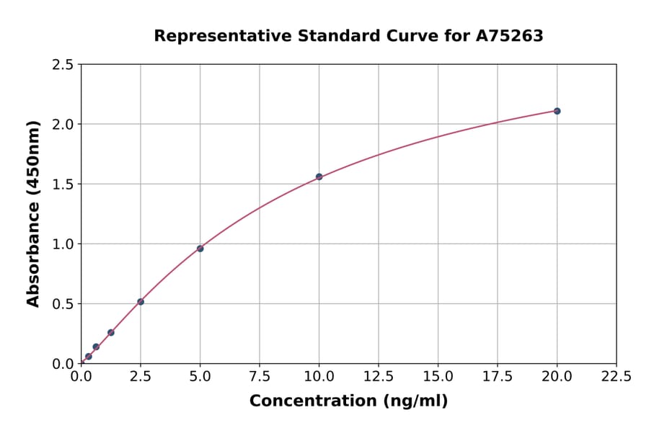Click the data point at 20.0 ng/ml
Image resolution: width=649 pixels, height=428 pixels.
557,111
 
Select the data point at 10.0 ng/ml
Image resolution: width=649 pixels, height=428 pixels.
319,177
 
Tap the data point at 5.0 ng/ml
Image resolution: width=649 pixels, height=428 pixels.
200,249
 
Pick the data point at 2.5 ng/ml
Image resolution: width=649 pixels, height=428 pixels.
141,302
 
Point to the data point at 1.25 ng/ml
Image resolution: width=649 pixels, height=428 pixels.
111,332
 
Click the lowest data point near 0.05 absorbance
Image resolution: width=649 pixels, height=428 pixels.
89,357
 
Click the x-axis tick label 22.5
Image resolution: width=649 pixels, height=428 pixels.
616,377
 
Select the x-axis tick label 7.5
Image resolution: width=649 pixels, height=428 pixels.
260,377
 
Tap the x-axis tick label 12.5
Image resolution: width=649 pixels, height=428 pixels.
379,377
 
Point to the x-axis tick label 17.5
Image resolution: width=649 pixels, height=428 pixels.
498,377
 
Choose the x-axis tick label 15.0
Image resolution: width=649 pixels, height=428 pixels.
438,377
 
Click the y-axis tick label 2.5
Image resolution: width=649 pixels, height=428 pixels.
63,65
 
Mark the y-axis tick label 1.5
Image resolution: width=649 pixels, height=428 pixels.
63,184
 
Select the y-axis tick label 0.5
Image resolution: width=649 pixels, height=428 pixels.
63,304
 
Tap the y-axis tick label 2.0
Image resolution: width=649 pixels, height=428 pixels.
63,125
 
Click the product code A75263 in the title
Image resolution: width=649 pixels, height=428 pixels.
511,35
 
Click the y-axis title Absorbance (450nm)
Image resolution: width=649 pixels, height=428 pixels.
33,213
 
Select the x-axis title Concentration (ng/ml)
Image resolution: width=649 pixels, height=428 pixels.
348,401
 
